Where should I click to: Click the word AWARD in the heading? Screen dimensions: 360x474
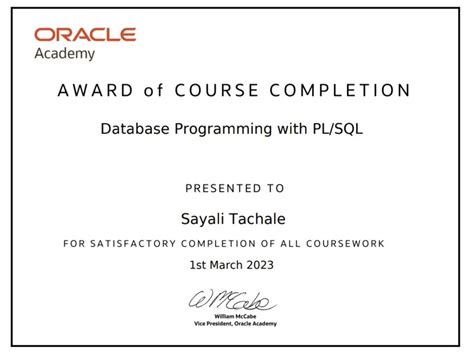93,91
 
